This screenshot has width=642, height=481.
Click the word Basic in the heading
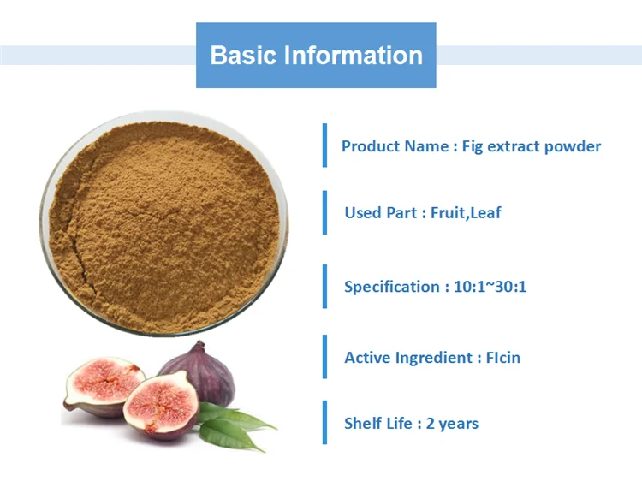pyautogui.click(x=244, y=56)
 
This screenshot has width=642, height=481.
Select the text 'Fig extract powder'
pyautogui.click(x=532, y=146)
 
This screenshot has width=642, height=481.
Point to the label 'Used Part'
pyautogui.click(x=381, y=212)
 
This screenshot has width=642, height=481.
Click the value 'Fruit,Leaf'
pyautogui.click(x=467, y=212)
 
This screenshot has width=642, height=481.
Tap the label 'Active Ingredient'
pyautogui.click(x=407, y=358)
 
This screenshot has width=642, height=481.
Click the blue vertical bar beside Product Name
pyautogui.click(x=325, y=145)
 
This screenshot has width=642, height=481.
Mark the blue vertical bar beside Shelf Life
pyautogui.click(x=325, y=422)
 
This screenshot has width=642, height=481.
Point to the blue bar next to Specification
pyautogui.click(x=325, y=286)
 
